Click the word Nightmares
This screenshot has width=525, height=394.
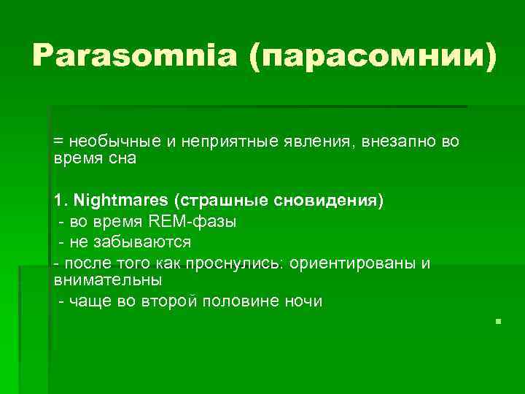[121, 199]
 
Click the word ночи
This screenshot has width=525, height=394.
[304, 301]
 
